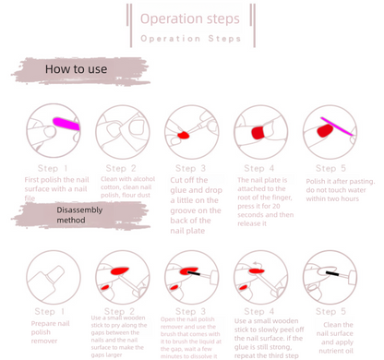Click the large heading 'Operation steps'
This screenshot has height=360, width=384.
click(189, 18)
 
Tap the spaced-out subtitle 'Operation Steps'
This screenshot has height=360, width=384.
click(190, 39)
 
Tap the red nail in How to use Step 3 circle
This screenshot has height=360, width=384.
click(183, 136)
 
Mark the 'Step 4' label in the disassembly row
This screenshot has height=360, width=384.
click(259, 312)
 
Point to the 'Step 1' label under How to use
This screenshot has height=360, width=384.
click(53, 168)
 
